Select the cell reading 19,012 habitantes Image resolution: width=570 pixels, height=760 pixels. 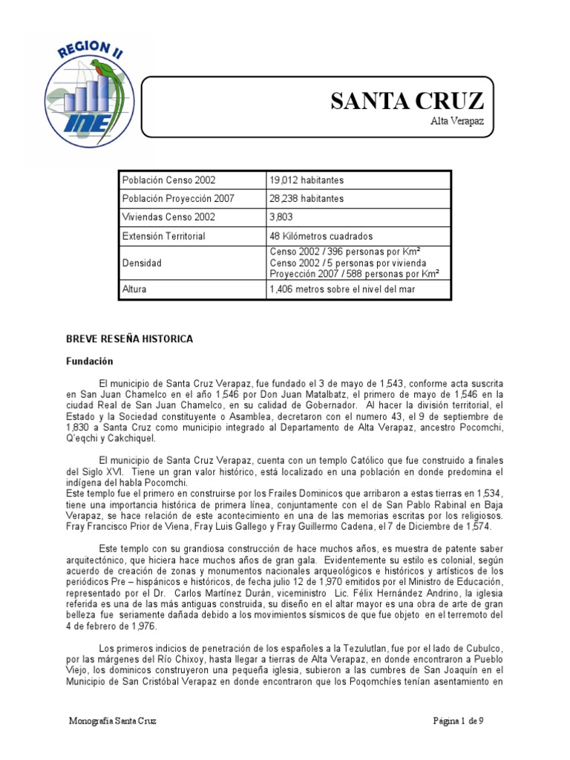point(298,180)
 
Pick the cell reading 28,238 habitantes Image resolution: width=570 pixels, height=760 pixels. point(298,199)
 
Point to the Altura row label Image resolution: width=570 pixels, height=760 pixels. point(134,289)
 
